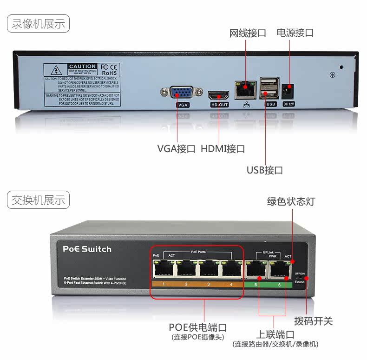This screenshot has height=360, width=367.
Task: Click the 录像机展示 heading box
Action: (38, 23)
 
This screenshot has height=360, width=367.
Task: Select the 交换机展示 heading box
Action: (38, 200)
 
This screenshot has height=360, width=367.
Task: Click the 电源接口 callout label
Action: (295, 33)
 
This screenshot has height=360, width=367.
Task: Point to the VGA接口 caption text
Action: (176, 149)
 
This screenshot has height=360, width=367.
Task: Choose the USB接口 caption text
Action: (265, 170)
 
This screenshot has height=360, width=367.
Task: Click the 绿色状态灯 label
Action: (291, 201)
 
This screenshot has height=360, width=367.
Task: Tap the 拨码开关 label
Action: (314, 321)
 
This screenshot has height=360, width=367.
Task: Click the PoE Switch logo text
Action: (87, 249)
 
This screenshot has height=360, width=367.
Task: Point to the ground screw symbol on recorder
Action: (332, 74)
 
